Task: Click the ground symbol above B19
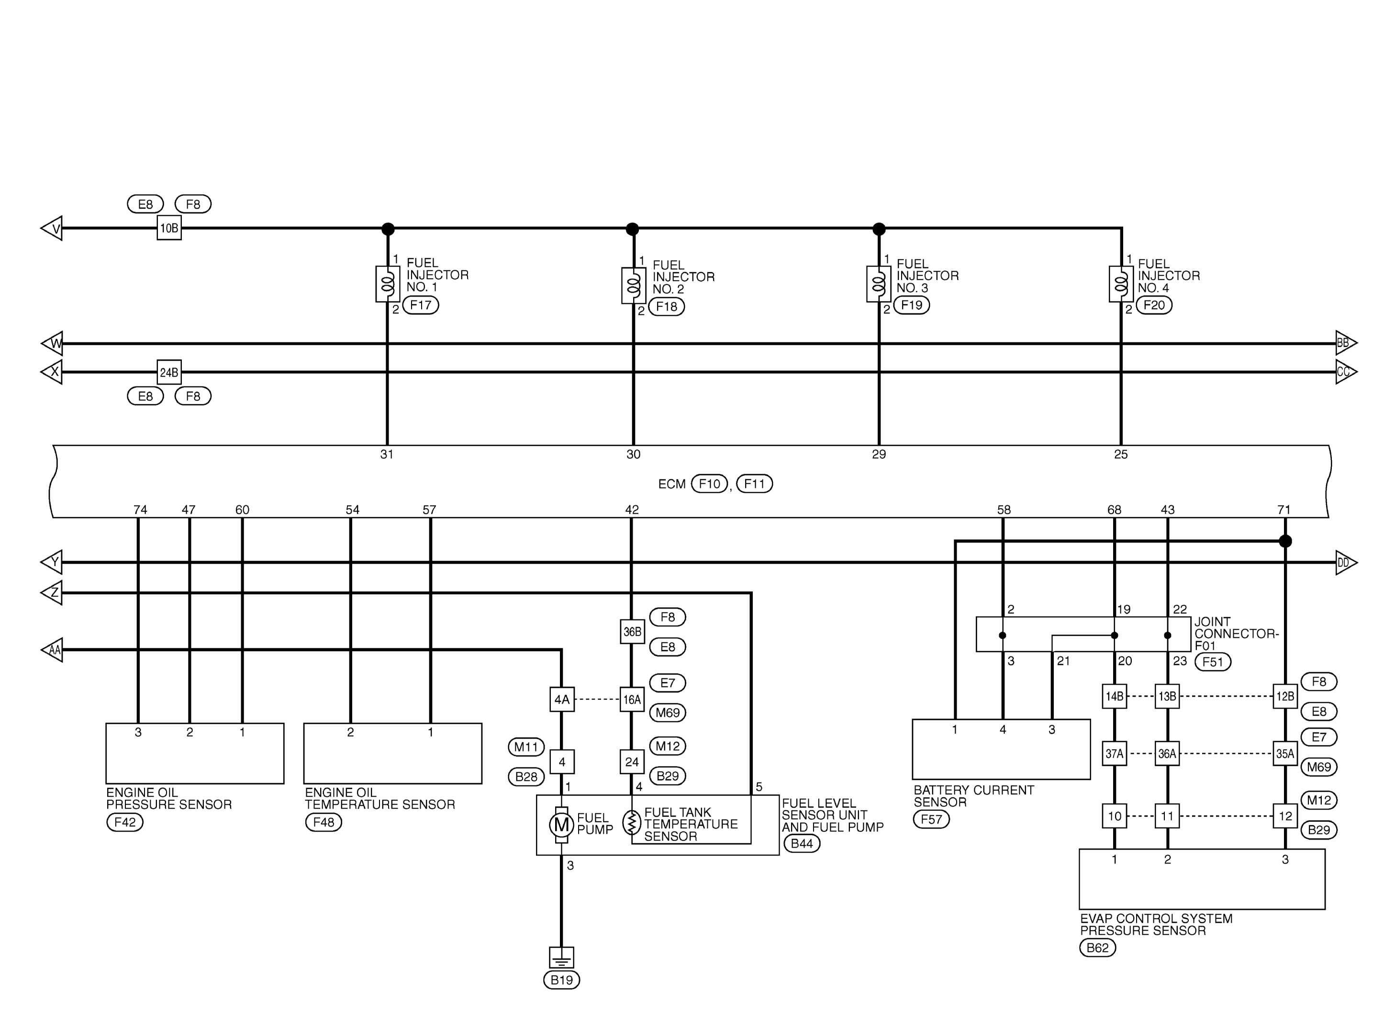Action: (561, 957)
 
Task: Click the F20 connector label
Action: (1154, 305)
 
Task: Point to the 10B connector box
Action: (169, 228)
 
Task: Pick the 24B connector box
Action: (169, 372)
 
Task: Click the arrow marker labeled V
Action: (52, 228)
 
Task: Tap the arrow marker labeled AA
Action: (52, 650)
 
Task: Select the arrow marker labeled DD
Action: (1346, 563)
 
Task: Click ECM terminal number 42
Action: (632, 509)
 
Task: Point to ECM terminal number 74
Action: (140, 509)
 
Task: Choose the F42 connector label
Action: (124, 822)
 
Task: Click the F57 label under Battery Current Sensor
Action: (931, 819)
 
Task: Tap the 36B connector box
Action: (632, 631)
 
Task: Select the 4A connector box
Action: (561, 699)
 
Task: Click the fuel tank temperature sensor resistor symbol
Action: (632, 823)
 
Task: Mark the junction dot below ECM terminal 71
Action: (1285, 541)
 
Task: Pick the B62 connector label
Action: (1098, 947)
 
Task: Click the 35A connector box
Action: (1285, 753)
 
